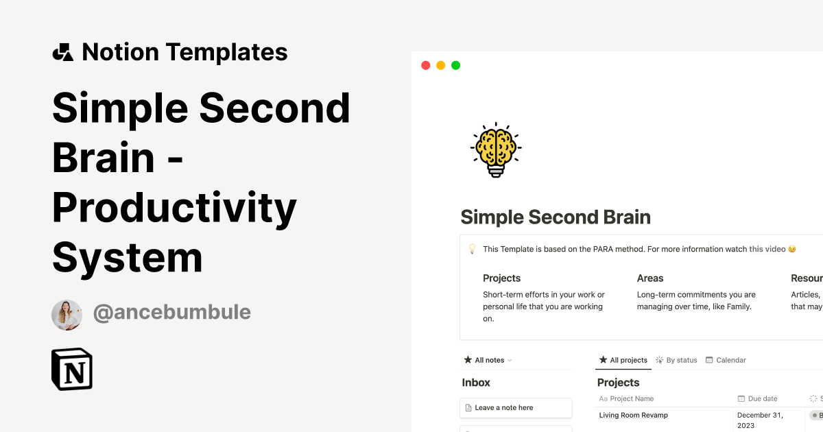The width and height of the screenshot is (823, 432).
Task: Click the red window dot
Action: [425, 65]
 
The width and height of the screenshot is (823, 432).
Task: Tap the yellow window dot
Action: [440, 65]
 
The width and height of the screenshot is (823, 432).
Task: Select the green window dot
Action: [455, 65]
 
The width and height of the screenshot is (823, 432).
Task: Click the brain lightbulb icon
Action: [495, 150]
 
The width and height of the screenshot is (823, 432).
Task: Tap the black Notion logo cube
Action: [72, 369]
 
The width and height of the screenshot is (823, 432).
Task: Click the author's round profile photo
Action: [67, 315]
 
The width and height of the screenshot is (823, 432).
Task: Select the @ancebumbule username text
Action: [172, 313]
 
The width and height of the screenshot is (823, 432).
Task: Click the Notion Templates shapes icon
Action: [63, 52]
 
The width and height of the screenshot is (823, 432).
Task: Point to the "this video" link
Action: [767, 249]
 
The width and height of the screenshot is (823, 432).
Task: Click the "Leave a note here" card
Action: [516, 407]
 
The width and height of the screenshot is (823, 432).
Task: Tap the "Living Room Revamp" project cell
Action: [633, 415]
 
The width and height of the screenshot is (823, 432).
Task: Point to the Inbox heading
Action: [476, 383]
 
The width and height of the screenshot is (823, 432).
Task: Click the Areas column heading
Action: [650, 278]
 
